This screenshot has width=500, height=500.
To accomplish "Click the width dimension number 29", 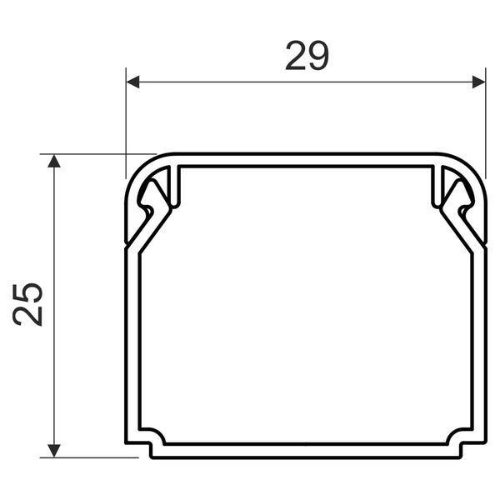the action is (307, 56).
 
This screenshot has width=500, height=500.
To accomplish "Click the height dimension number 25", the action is (27, 304).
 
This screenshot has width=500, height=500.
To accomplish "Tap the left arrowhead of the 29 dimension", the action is (132, 82).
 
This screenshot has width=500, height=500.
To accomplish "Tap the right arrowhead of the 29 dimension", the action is (478, 82).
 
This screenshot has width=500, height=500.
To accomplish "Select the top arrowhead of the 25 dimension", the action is (54, 161).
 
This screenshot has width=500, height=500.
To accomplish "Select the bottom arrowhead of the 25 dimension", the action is (54, 451).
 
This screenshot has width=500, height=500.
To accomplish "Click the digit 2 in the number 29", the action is (296, 56).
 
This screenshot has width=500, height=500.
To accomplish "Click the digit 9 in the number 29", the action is (318, 56).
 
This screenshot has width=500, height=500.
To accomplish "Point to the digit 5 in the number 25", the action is (27, 292).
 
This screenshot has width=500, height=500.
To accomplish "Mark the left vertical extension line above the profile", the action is (126, 123).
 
